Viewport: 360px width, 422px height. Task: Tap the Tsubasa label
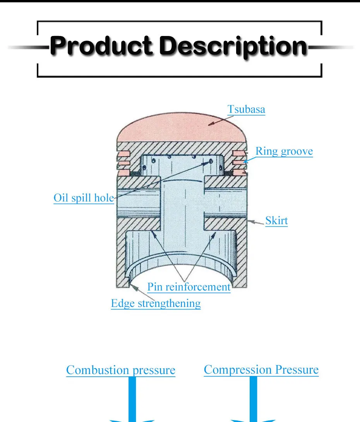pos(246,109)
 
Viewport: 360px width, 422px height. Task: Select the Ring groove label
pos(284,151)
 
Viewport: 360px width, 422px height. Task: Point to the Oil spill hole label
pos(84,198)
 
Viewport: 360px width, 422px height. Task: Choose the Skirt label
pos(276,221)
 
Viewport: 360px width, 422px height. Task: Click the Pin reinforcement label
pos(189,287)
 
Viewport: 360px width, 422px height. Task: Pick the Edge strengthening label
pos(156,303)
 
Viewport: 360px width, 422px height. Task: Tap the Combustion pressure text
pos(120,370)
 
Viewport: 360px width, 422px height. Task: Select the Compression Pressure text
pos(261,370)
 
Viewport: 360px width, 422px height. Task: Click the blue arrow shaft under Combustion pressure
pos(132,398)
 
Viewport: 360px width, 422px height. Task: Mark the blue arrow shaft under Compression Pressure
pos(253,398)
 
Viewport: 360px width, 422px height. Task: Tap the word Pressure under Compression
pos(297,370)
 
